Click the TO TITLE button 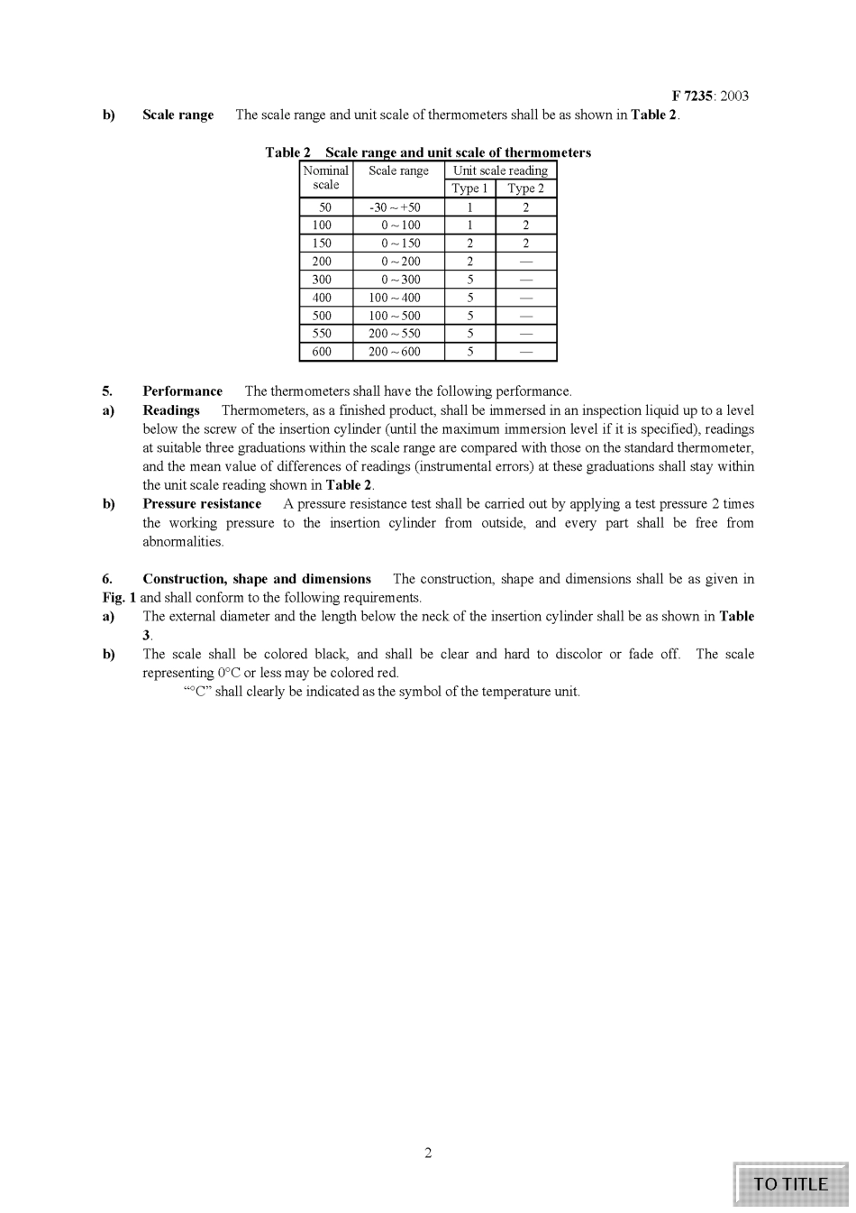(790, 1184)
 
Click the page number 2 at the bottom (428, 1153)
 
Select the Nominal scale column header (325, 178)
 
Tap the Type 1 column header (469, 188)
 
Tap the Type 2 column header (526, 188)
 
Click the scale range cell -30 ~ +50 (395, 207)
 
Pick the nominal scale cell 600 (322, 352)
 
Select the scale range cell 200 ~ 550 (395, 334)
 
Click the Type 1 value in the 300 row (469, 280)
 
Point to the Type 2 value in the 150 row (526, 244)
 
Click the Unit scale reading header (500, 170)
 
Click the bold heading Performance (182, 391)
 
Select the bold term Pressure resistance (202, 504)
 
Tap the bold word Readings (171, 410)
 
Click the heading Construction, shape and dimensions (257, 579)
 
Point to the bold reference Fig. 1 (119, 598)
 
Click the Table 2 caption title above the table (428, 152)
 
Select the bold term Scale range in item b (178, 115)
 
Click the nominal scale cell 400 (322, 298)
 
